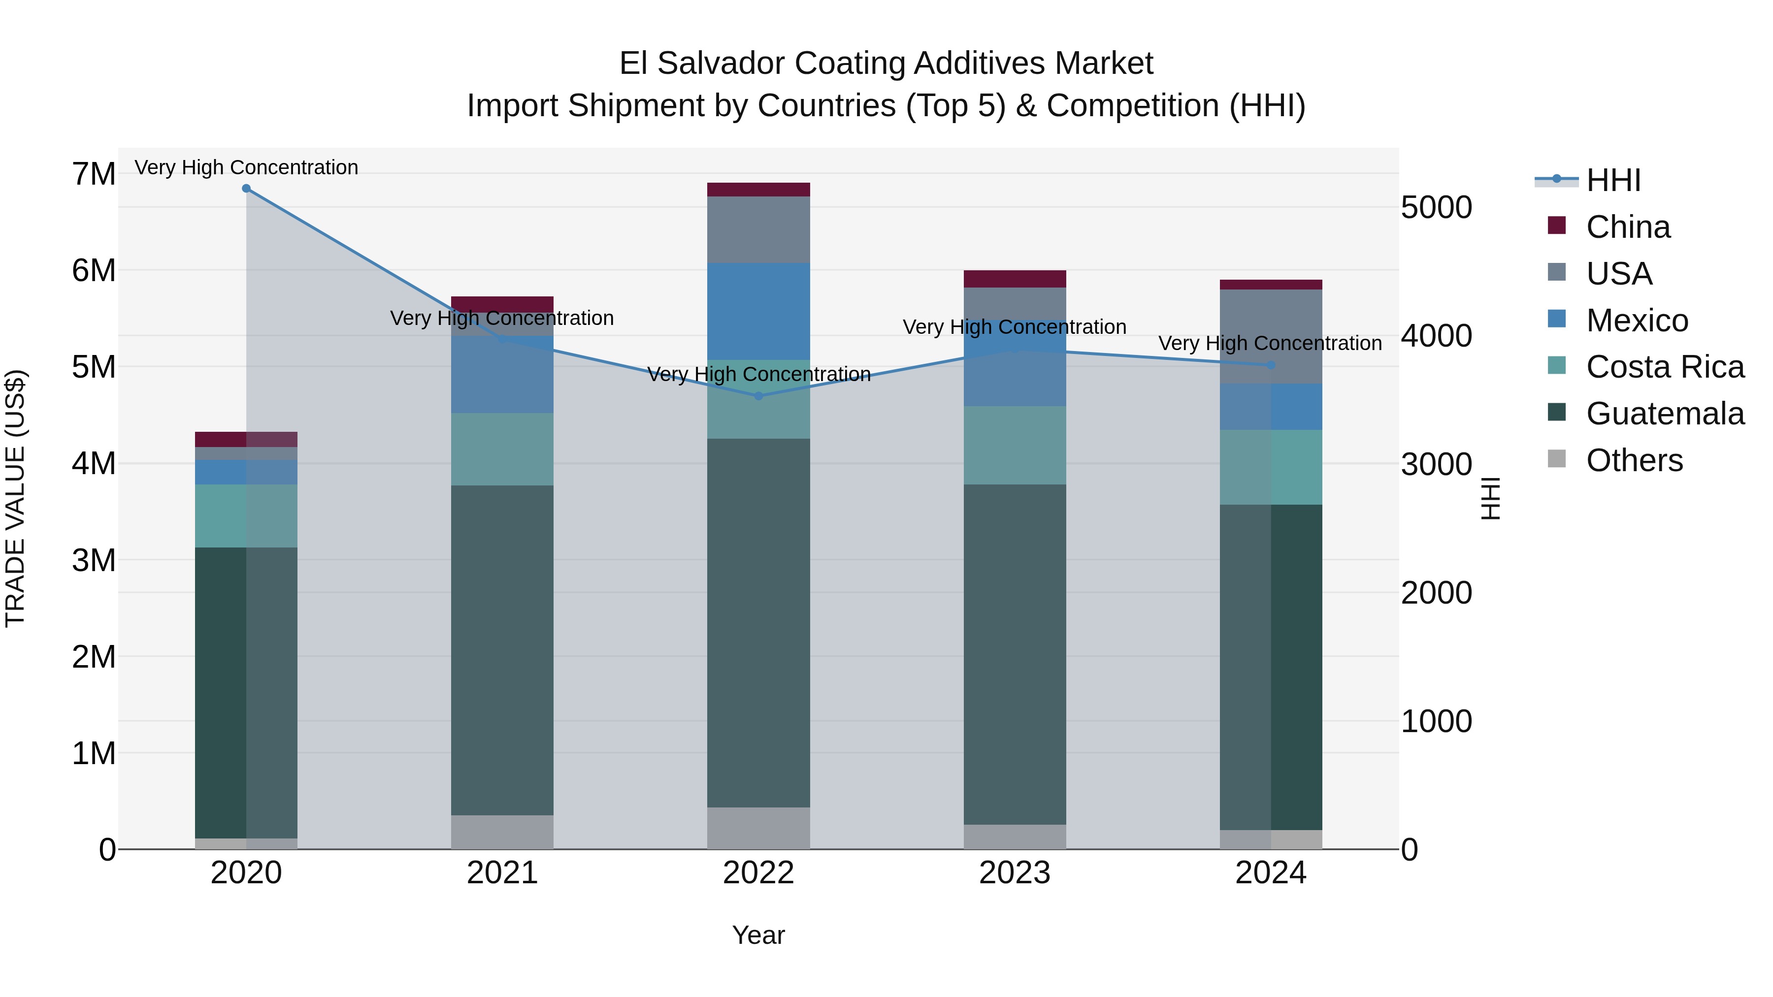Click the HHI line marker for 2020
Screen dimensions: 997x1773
click(246, 189)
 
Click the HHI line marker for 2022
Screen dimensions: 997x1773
click(758, 396)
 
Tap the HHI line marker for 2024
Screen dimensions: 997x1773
click(1271, 365)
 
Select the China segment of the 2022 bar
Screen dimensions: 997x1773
click(758, 190)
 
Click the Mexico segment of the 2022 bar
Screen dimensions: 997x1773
click(758, 311)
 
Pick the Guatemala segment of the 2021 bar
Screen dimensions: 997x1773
click(502, 650)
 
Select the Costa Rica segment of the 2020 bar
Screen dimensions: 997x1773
click(246, 516)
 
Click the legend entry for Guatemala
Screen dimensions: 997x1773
click(1664, 414)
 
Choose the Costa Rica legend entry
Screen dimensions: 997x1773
click(1664, 367)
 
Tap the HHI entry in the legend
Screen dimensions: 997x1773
click(1612, 180)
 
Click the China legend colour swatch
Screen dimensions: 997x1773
click(1556, 225)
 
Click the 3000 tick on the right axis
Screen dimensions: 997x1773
click(1437, 464)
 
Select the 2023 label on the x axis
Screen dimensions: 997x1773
click(1015, 873)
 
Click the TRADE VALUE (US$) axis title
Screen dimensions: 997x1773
click(16, 498)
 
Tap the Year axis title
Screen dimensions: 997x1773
click(758, 935)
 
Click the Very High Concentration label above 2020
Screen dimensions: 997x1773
click(246, 167)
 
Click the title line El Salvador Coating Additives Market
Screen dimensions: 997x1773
click(886, 64)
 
